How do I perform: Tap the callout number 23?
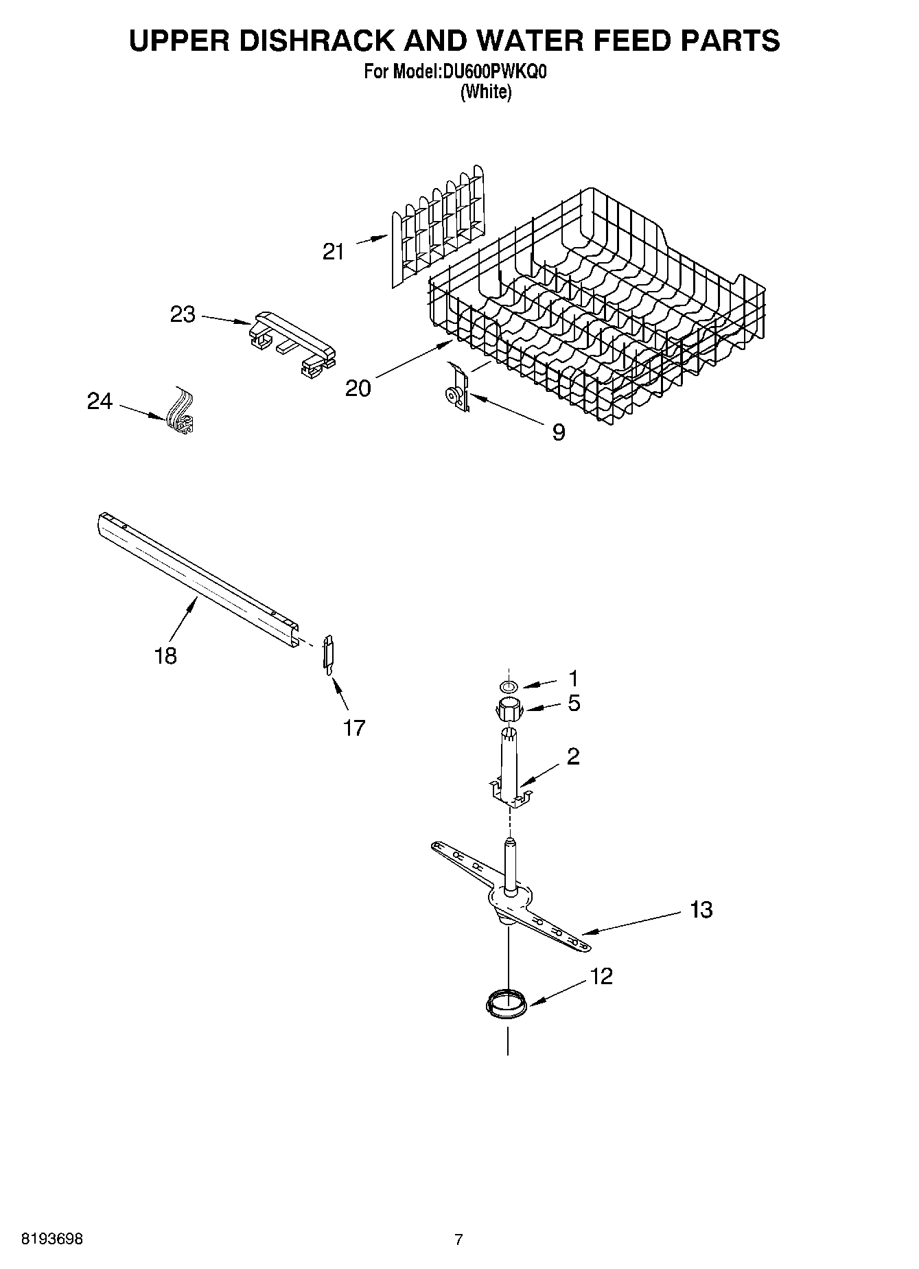(183, 315)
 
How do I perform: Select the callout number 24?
(100, 401)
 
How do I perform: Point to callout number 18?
(165, 655)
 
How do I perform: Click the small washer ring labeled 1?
(509, 686)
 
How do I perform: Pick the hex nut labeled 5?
(509, 708)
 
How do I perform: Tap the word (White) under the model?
(485, 92)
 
